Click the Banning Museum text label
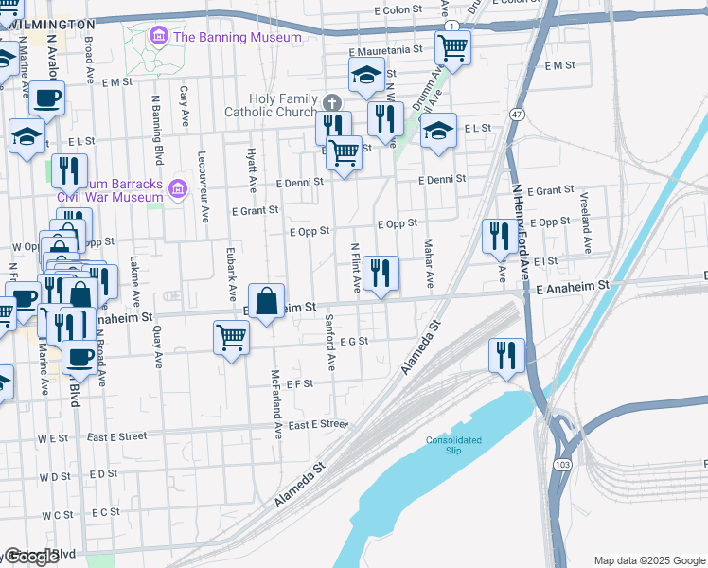point(237,37)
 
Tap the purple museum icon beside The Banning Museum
point(159,37)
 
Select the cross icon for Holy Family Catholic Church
point(330,102)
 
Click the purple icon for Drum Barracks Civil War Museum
point(176,190)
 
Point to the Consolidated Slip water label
point(453,444)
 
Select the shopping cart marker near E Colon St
point(453,46)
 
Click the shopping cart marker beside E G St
point(232,337)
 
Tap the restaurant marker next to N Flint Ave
point(381,274)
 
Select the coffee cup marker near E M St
point(46,97)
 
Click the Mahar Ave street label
point(428,264)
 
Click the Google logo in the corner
point(31,557)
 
